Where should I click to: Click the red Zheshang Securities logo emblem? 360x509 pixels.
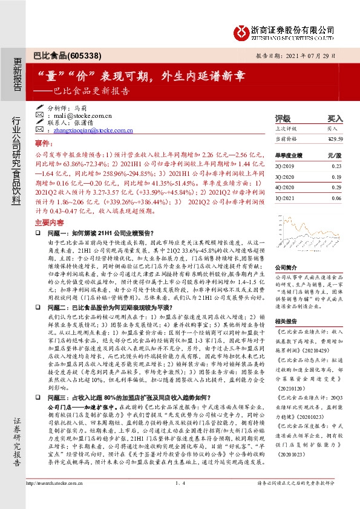click(242, 30)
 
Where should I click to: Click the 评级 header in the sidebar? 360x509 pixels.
click(283, 118)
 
